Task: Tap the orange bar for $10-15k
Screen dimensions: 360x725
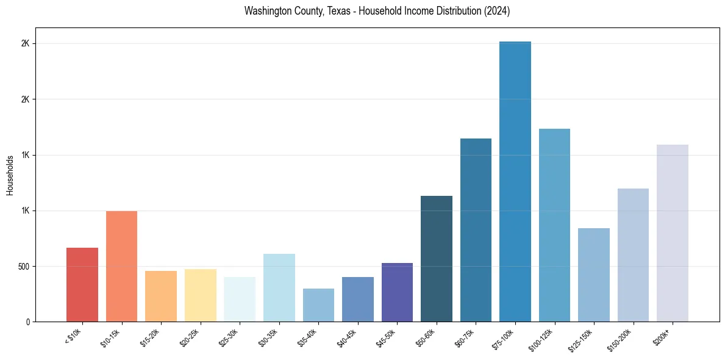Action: (121, 266)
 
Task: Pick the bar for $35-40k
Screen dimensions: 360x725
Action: (318, 305)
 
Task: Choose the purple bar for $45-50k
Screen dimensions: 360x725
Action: (397, 292)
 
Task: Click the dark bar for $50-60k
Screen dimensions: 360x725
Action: (437, 259)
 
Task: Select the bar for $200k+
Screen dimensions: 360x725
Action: (673, 233)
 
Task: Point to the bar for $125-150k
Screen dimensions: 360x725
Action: (594, 275)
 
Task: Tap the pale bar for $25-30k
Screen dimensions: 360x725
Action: (240, 299)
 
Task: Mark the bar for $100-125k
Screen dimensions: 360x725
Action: (554, 225)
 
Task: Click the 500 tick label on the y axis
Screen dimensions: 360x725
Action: (24, 267)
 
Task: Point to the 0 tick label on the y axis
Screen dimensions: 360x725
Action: (28, 322)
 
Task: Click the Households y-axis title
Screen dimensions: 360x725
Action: (10, 175)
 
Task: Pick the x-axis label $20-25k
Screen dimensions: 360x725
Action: (190, 338)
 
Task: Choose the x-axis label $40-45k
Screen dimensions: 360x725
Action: (347, 338)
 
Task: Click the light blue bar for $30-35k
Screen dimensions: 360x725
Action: (279, 287)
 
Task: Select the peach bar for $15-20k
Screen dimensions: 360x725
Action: (161, 296)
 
